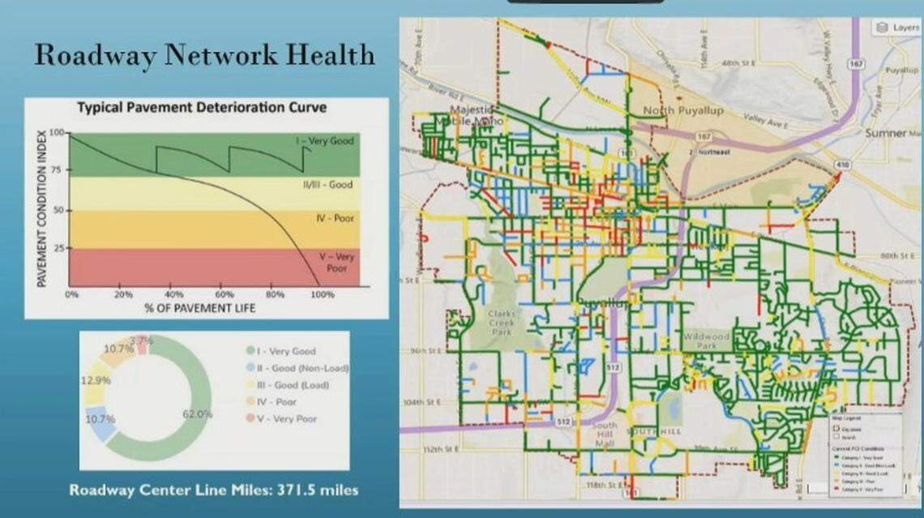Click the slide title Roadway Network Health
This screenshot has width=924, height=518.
[x=204, y=55]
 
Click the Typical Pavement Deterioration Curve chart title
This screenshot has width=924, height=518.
[x=202, y=107]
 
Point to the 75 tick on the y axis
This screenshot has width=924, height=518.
[x=58, y=171]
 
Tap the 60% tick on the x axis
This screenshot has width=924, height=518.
[x=225, y=294]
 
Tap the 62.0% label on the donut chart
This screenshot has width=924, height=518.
[x=197, y=413]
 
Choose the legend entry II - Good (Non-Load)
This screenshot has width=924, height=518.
[x=297, y=368]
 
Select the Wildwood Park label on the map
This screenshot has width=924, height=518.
[x=706, y=340]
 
